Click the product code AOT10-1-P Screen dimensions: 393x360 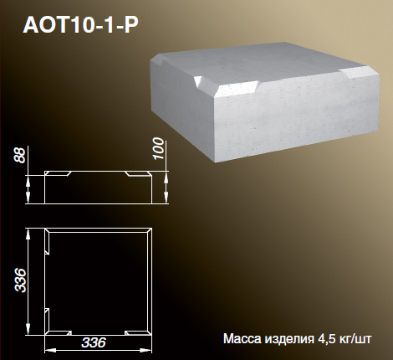(x=80, y=25)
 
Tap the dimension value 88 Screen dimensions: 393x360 (x=20, y=155)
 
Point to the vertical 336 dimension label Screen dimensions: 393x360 (x=21, y=280)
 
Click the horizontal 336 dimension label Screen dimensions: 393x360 (x=94, y=342)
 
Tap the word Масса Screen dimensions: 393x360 (x=242, y=339)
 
